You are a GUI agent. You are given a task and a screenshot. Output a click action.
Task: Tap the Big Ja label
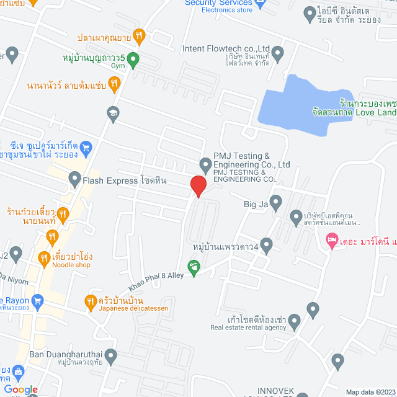click(256, 202)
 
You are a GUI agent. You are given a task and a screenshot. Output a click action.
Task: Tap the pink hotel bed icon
click(332, 239)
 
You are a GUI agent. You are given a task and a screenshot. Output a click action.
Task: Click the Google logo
click(24, 389)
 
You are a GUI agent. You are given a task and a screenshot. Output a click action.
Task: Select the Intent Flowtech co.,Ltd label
click(226, 48)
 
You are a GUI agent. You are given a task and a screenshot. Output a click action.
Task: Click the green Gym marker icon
click(133, 60)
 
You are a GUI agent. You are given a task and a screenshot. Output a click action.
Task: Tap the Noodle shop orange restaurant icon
click(43, 257)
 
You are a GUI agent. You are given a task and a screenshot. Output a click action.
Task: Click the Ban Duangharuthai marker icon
click(111, 355)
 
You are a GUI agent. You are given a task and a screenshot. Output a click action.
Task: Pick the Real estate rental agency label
click(248, 328)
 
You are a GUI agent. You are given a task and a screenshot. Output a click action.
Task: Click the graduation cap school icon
click(112, 112)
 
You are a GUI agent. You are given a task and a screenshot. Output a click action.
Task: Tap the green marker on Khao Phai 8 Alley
click(194, 268)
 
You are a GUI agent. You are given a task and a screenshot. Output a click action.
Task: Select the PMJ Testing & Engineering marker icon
click(205, 164)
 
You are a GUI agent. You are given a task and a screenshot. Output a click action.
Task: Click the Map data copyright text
click(369, 391)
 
